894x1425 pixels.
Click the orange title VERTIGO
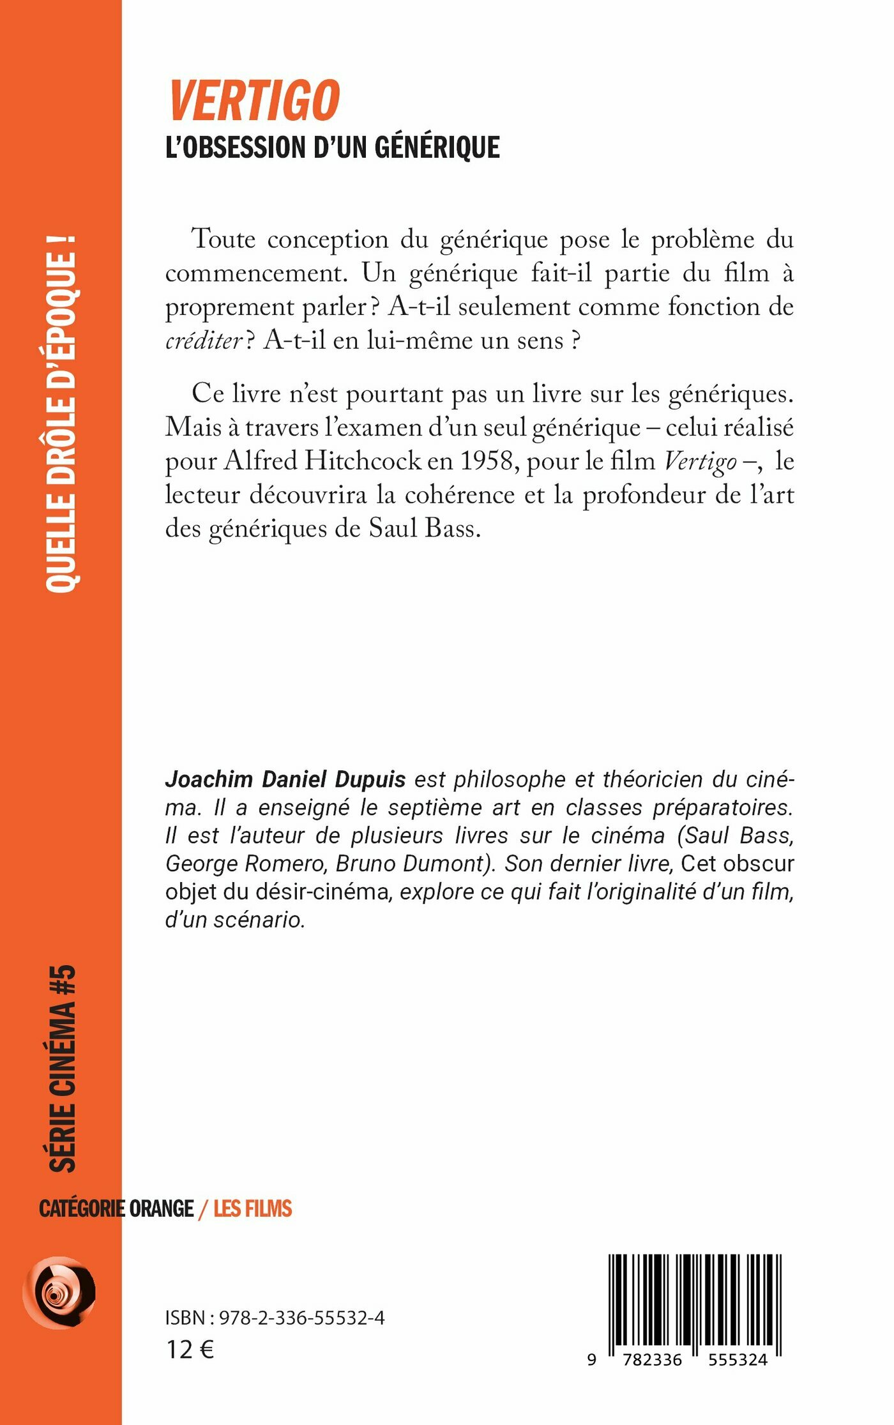[x=254, y=100]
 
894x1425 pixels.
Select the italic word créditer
[x=204, y=340]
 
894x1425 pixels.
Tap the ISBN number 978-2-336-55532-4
[x=301, y=1318]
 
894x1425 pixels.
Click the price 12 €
[x=190, y=1350]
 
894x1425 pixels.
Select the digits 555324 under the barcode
[x=738, y=1359]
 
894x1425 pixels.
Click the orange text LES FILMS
[x=252, y=1208]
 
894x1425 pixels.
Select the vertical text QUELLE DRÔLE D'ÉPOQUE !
[x=62, y=414]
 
